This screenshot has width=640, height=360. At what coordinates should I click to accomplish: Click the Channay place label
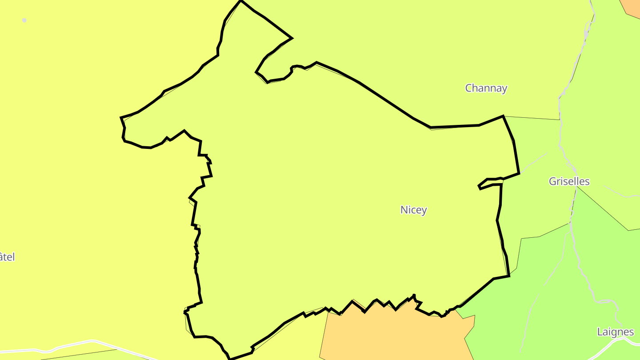tap(486, 88)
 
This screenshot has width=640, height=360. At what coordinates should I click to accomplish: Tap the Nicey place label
tap(413, 210)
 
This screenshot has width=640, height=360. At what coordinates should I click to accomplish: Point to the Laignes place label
tap(615, 332)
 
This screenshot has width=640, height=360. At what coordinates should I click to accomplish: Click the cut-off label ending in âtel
tap(7, 257)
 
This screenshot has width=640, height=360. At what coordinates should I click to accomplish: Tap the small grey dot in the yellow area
tap(24, 20)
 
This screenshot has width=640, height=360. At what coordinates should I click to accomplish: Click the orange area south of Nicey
tap(391, 333)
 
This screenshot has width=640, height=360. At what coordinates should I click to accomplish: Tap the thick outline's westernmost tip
tap(121, 118)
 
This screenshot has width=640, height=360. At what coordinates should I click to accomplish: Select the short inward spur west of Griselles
tap(489, 183)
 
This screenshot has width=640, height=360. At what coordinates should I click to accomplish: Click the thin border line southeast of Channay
tap(531, 118)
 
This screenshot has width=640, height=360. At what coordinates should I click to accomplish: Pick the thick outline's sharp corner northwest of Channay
tap(291, 38)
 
